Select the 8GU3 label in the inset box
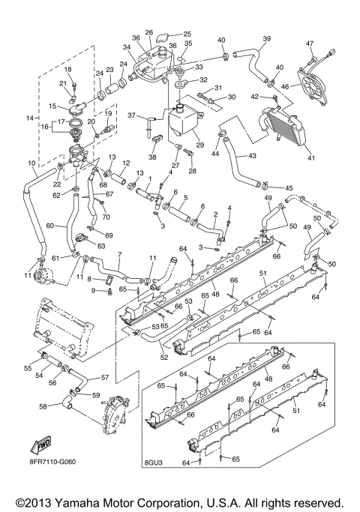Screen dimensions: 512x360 155,474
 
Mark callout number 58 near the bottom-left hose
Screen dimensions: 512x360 43,406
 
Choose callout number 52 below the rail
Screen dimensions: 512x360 164,357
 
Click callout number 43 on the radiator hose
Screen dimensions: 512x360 252,155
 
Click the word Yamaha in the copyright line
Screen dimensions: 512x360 93,501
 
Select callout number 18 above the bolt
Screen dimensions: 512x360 67,69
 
